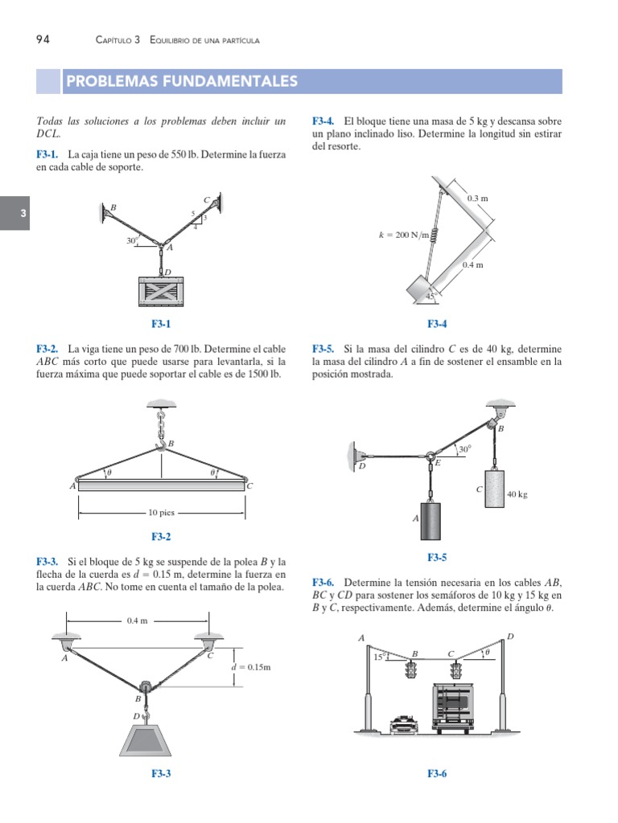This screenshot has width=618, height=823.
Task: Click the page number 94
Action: pyautogui.click(x=44, y=39)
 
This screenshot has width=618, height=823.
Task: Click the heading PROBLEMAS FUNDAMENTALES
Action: pyautogui.click(x=182, y=81)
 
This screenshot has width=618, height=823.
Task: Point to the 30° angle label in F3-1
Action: pyautogui.click(x=131, y=240)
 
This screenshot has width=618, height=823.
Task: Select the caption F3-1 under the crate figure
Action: pyautogui.click(x=161, y=325)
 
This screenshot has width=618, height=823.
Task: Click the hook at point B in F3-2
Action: pyautogui.click(x=162, y=443)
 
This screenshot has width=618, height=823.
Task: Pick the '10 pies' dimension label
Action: pyautogui.click(x=161, y=512)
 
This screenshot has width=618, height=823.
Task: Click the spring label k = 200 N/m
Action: pyautogui.click(x=403, y=235)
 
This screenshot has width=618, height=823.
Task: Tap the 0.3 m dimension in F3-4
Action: pyautogui.click(x=478, y=197)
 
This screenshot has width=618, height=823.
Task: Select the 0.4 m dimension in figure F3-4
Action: pyautogui.click(x=473, y=264)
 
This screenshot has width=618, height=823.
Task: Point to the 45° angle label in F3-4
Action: pyautogui.click(x=430, y=296)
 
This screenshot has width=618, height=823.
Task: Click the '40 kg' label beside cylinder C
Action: pyautogui.click(x=517, y=495)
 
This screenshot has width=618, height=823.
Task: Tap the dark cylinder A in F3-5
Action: pyautogui.click(x=433, y=522)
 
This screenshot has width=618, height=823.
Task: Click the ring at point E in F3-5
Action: pyautogui.click(x=430, y=455)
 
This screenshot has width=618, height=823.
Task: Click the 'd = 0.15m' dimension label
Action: pyautogui.click(x=250, y=667)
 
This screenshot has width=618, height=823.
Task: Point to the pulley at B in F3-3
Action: pyautogui.click(x=146, y=687)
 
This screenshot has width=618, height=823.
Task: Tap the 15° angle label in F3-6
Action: pyautogui.click(x=379, y=656)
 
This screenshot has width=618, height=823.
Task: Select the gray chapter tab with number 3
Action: pyautogui.click(x=14, y=214)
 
